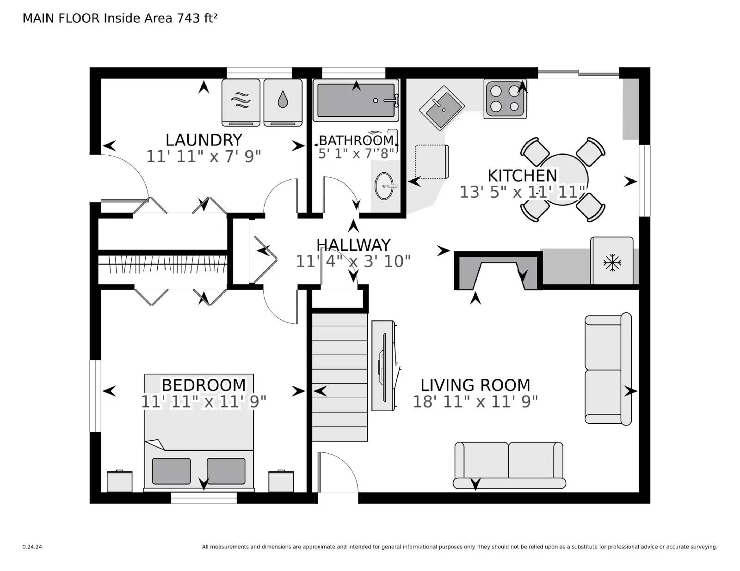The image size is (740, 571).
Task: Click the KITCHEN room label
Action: [522, 176]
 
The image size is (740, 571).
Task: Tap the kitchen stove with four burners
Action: [505, 99]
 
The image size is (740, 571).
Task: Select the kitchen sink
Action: [442, 108]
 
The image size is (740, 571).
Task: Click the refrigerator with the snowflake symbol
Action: [612, 261]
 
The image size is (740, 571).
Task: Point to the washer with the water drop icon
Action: [283, 102]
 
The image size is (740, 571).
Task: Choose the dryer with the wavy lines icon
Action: [240, 102]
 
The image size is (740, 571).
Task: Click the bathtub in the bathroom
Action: [355, 100]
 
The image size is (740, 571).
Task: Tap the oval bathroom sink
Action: [383, 186]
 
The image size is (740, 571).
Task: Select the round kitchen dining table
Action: [562, 179]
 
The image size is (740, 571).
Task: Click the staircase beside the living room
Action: [339, 377]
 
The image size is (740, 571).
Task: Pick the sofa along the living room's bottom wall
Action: [509, 465]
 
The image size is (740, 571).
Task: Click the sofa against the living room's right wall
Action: [608, 369]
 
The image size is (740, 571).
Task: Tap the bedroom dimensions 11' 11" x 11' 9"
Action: [203, 401]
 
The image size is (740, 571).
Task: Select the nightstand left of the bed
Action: [119, 481]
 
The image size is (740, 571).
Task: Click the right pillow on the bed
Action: [226, 471]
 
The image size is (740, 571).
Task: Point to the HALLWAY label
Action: [353, 245]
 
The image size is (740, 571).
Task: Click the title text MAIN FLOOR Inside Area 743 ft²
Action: [120, 18]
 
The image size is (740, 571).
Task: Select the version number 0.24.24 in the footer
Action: [32, 547]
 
